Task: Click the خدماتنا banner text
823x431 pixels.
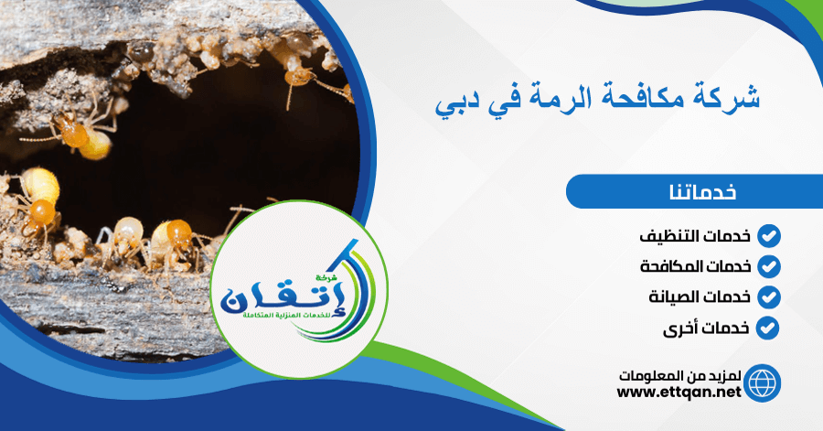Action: click(702, 191)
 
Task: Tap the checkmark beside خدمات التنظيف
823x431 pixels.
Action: click(768, 236)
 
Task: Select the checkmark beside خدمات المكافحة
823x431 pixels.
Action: click(768, 266)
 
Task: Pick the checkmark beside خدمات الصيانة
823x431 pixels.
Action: click(768, 297)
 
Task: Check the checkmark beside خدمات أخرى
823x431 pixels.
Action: click(768, 329)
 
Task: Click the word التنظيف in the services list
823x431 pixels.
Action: click(668, 236)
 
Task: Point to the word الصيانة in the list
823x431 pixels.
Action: click(673, 297)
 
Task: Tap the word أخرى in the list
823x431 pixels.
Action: click(679, 329)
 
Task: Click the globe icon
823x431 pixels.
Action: click(762, 383)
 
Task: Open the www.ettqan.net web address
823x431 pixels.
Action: click(679, 392)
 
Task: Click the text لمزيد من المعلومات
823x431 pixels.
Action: click(679, 376)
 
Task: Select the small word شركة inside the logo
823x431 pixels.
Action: click(325, 276)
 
